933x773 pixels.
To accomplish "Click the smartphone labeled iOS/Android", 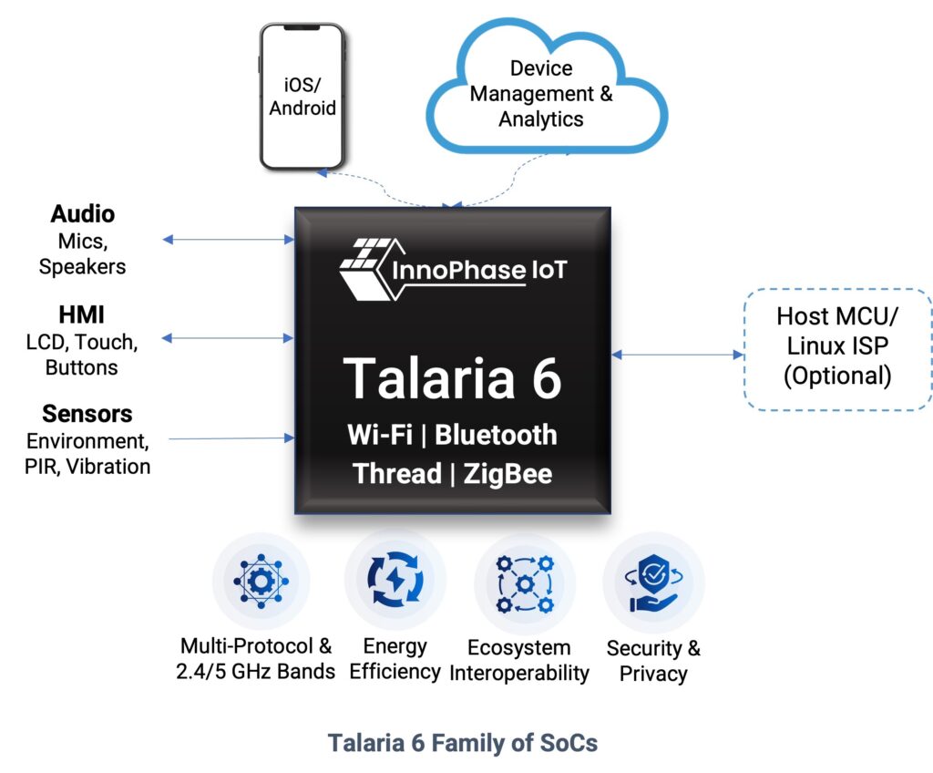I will [x=302, y=97].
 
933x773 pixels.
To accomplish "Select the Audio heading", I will [x=82, y=214].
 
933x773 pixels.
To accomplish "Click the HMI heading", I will [x=82, y=315].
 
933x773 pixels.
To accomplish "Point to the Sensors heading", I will [x=87, y=414].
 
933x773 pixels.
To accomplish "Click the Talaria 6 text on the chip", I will [x=453, y=377].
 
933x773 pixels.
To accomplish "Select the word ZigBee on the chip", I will [x=506, y=474].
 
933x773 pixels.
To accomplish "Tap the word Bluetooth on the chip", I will [x=496, y=434].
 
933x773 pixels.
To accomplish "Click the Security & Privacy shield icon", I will [x=653, y=583].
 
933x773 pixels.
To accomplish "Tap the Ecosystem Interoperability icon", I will [x=524, y=583].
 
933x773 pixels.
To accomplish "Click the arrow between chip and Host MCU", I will [x=677, y=355].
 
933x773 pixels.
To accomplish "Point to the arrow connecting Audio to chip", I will [x=228, y=240].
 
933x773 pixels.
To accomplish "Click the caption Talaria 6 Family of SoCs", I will [x=463, y=743].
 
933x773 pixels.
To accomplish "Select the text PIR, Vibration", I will [x=87, y=467].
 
